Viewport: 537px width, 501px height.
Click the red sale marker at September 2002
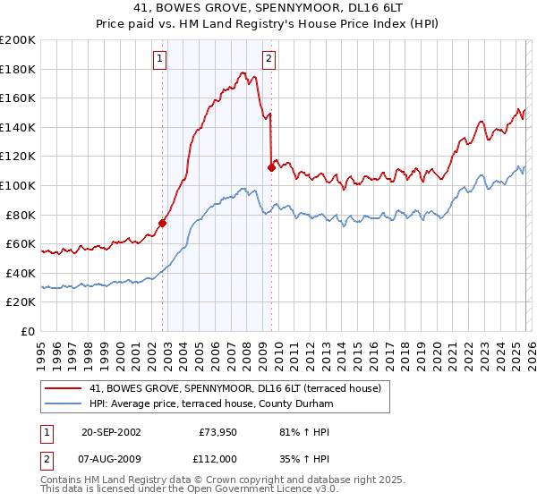click(163, 224)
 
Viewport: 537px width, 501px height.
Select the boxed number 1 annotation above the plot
click(159, 60)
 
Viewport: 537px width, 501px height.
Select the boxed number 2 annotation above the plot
click(268, 60)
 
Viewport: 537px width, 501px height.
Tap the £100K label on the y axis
click(18, 185)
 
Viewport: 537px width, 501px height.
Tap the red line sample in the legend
click(64, 388)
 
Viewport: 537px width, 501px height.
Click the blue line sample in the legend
click(64, 403)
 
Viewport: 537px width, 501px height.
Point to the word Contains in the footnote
click(62, 480)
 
